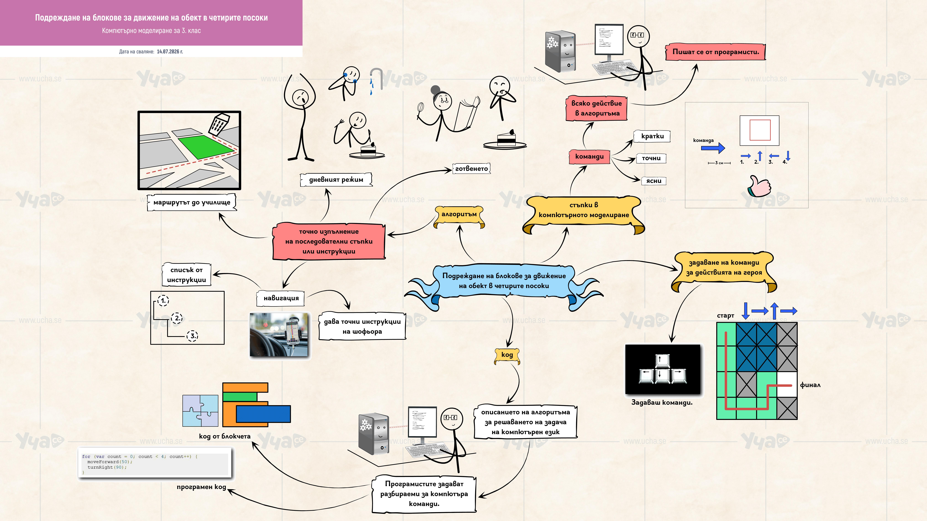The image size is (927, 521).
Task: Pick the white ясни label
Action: click(653, 181)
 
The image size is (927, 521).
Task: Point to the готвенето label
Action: click(471, 168)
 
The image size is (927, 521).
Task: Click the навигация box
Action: click(281, 298)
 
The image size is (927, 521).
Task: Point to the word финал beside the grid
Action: click(810, 385)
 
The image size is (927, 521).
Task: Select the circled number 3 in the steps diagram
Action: click(192, 336)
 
